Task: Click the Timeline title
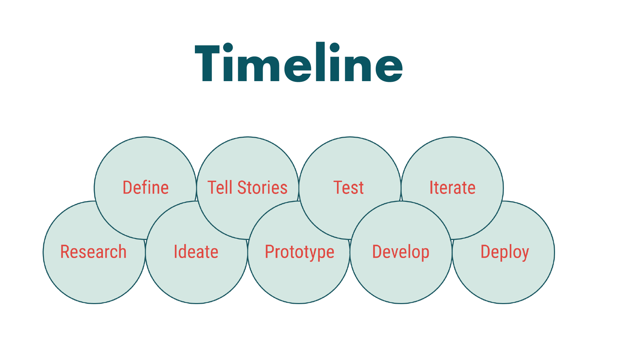(299, 62)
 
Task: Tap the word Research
(93, 252)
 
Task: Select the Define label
(145, 187)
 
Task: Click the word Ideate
(196, 252)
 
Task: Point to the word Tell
(220, 187)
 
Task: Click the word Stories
(262, 187)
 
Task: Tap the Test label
(349, 187)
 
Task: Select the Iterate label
(452, 187)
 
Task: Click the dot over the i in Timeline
(228, 48)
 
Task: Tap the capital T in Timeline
(207, 63)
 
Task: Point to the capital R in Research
(66, 252)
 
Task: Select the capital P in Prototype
(270, 252)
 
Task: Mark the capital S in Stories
(242, 187)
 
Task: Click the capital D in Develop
(378, 252)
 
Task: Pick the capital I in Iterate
(431, 187)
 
